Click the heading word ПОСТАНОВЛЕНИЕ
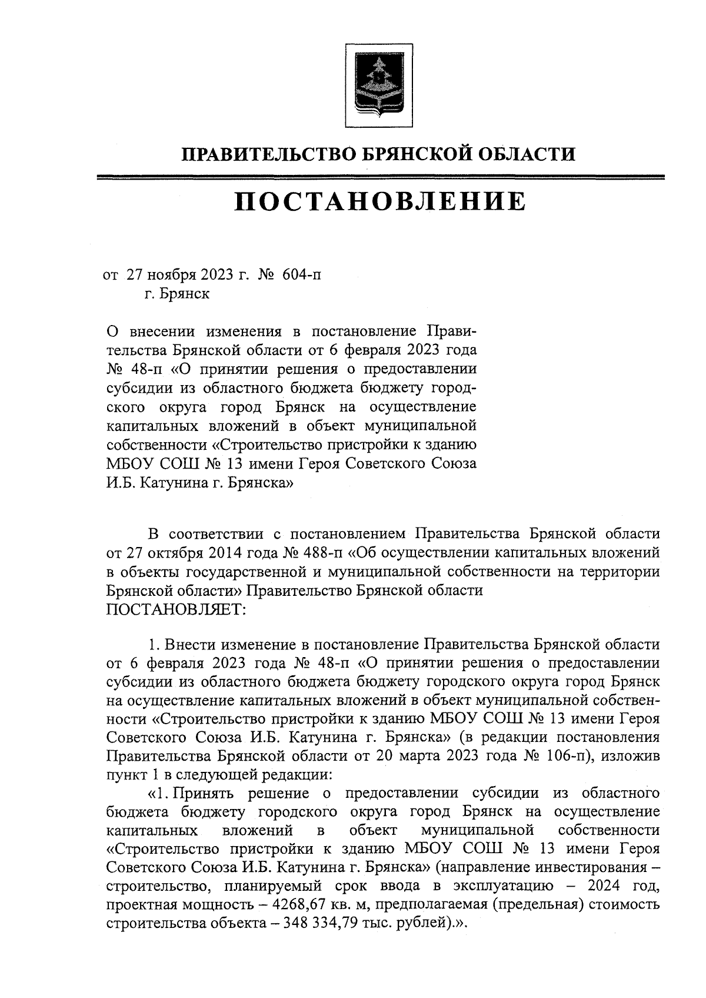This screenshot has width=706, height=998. pyautogui.click(x=379, y=201)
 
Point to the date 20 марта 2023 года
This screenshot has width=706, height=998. pyautogui.click(x=465, y=755)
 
